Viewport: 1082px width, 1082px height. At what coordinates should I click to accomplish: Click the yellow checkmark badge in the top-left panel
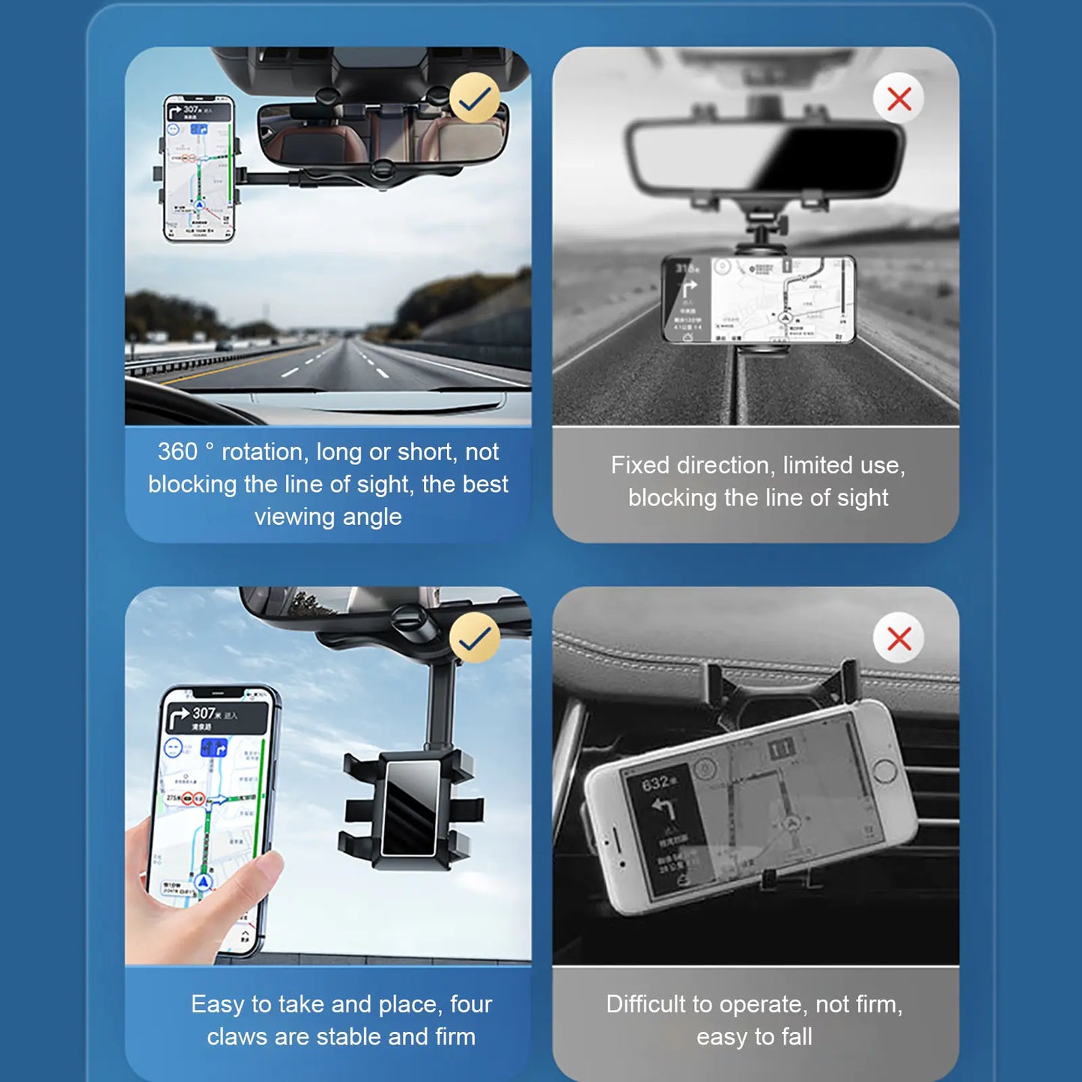pyautogui.click(x=475, y=98)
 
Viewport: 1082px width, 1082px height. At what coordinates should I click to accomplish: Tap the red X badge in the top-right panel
pyautogui.click(x=899, y=98)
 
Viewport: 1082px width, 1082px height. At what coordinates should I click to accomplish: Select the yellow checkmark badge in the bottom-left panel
pyautogui.click(x=475, y=638)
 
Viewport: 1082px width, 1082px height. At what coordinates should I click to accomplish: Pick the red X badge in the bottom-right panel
pyautogui.click(x=899, y=638)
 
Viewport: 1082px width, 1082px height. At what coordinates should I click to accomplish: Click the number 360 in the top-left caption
pyautogui.click(x=177, y=452)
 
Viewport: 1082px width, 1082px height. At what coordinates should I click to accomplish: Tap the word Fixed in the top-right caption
pyautogui.click(x=639, y=465)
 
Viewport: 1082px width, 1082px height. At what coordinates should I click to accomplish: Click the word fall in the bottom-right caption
pyautogui.click(x=797, y=1037)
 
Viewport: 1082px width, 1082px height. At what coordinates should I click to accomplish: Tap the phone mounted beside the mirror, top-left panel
pyautogui.click(x=199, y=168)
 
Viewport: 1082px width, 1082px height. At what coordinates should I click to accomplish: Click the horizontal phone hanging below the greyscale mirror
pyautogui.click(x=758, y=300)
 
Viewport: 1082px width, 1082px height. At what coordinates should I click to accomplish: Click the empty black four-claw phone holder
pyautogui.click(x=411, y=809)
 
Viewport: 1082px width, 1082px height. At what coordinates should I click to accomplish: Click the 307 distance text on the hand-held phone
pyautogui.click(x=204, y=713)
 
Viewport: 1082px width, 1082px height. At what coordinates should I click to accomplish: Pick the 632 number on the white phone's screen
pyautogui.click(x=656, y=783)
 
